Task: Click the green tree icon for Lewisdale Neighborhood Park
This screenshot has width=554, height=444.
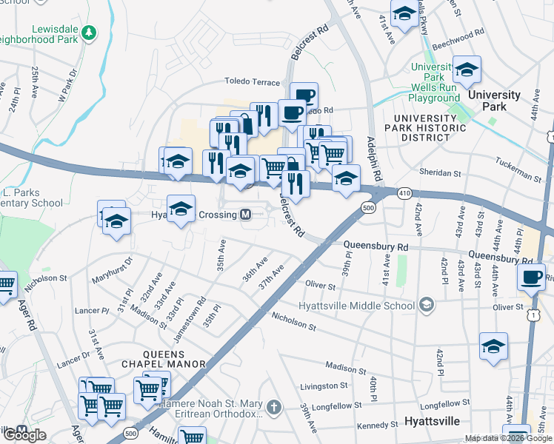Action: tap(89, 33)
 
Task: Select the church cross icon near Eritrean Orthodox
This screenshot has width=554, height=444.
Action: tap(274, 407)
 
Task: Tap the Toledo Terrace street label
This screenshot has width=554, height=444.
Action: tap(253, 83)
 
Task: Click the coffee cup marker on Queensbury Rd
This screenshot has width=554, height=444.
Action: tap(531, 277)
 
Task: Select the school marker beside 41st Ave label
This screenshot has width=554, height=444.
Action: tap(404, 14)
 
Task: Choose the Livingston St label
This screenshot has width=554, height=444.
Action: tap(324, 386)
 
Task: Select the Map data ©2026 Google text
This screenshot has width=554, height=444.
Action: tap(508, 438)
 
